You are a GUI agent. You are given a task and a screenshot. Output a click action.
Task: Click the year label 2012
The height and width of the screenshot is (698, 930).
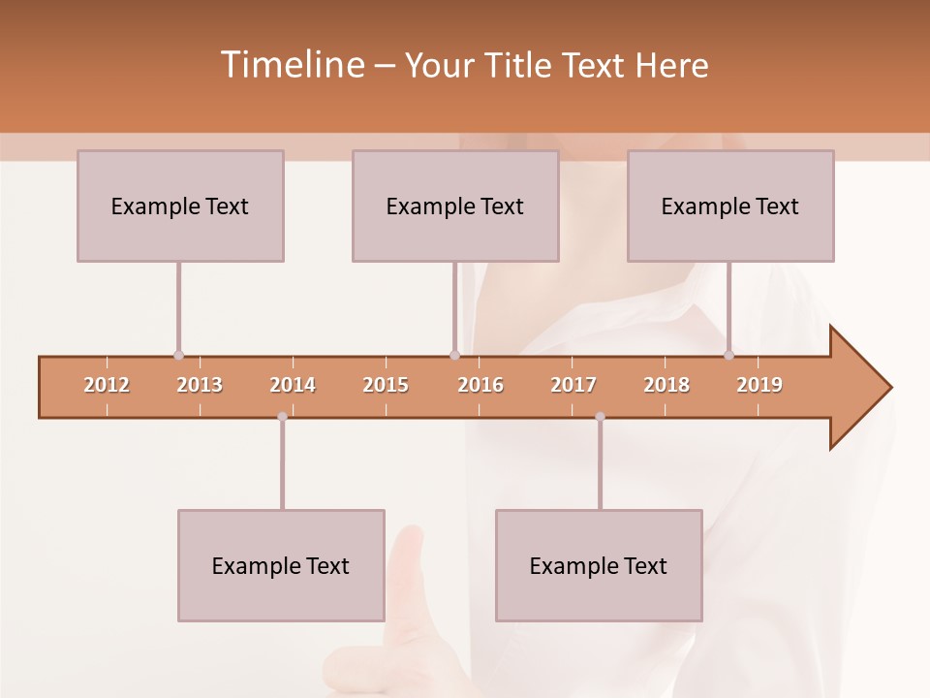107,385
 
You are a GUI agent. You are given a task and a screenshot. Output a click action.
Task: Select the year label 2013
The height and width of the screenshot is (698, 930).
200,385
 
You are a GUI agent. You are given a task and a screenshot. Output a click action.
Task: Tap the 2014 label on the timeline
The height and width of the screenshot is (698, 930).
293,385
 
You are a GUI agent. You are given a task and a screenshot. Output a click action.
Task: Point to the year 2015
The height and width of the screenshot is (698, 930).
386,385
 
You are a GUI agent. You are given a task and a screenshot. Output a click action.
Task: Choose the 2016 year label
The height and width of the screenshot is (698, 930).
480,385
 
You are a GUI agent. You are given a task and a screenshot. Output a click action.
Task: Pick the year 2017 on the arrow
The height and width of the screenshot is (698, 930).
573,385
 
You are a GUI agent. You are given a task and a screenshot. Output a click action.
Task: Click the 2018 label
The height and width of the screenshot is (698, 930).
666,385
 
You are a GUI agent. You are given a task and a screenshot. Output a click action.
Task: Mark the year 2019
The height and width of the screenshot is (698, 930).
759,385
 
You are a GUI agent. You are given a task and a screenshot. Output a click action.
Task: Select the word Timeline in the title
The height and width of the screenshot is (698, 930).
291,65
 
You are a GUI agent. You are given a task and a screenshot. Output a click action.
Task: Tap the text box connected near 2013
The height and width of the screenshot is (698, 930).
180,206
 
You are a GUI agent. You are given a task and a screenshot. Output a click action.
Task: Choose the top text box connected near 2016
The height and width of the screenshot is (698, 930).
455,206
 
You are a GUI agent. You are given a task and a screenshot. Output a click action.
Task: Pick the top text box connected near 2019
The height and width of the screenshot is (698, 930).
730,206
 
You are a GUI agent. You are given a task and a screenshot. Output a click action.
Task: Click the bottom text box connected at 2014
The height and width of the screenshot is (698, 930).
281,565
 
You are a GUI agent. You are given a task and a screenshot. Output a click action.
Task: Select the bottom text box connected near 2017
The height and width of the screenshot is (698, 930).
599,565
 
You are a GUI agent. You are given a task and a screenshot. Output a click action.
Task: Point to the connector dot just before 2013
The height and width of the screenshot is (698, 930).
178,355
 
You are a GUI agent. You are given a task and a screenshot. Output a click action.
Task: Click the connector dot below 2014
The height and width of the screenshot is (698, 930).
282,417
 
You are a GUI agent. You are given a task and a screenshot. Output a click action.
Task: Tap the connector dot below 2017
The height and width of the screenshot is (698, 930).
600,417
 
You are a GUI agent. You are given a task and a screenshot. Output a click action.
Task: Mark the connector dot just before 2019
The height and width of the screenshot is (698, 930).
728,355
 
